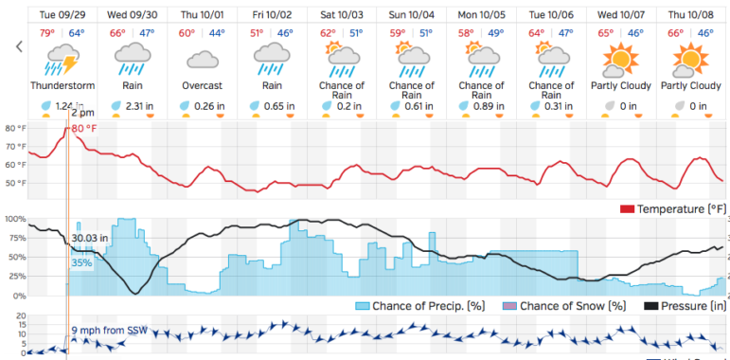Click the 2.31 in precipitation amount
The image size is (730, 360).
click(138, 106)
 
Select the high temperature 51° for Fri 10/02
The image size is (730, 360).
click(255, 34)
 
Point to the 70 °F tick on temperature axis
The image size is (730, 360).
click(14, 146)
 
